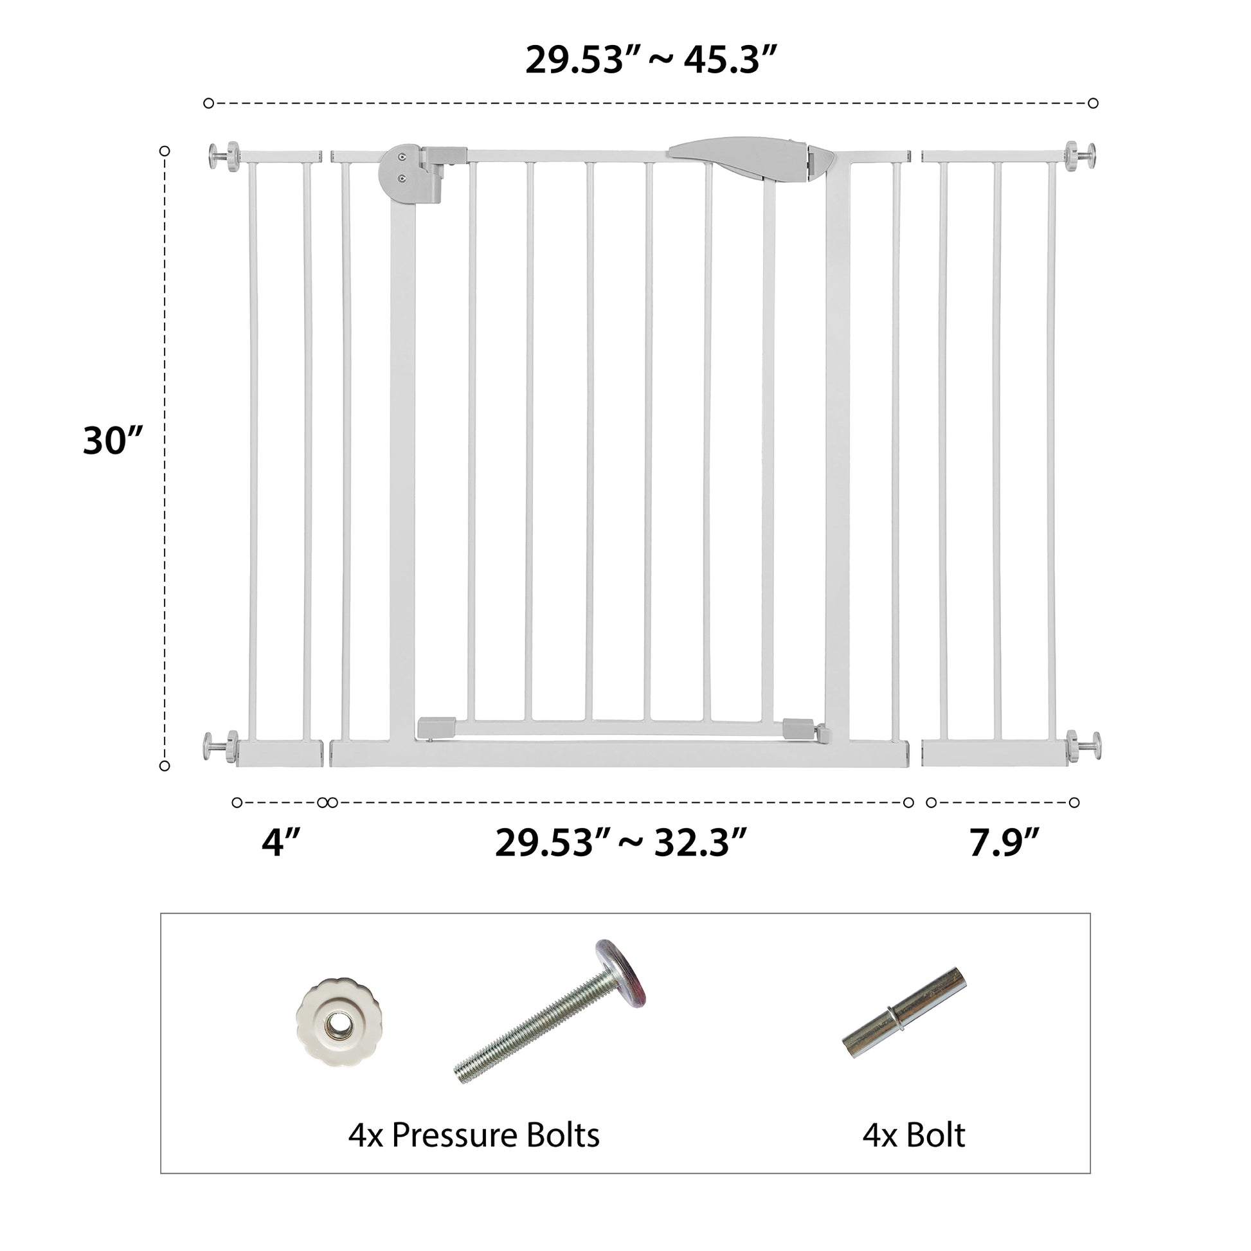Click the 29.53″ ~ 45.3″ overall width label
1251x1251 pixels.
point(650,60)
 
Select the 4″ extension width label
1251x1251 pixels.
point(281,842)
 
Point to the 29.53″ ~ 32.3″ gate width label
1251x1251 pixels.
point(620,842)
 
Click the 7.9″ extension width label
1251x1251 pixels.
point(1004,842)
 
